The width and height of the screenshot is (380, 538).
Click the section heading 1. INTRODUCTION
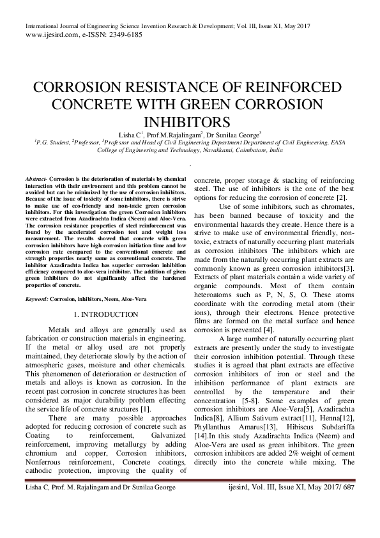pyautogui.click(x=106, y=315)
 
